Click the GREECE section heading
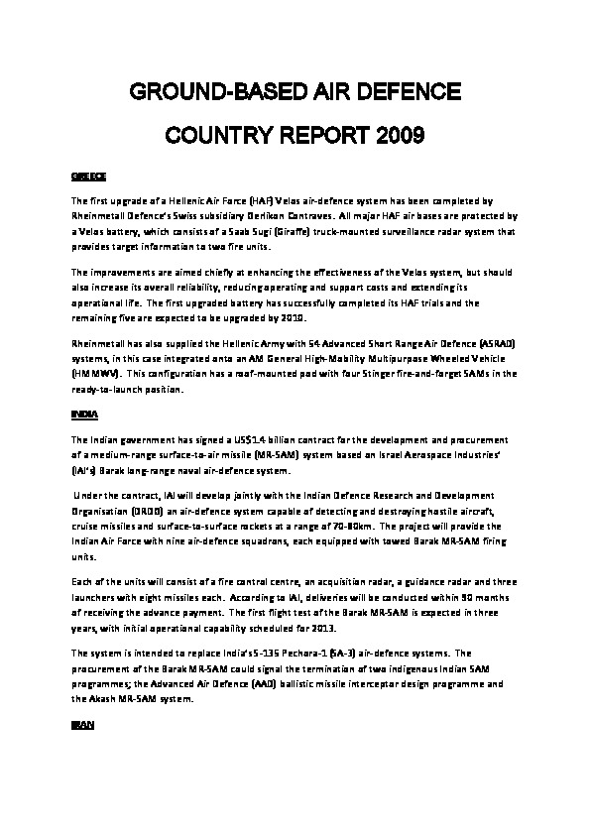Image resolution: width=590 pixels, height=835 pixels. tap(88, 176)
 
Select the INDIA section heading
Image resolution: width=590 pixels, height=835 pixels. tap(84, 412)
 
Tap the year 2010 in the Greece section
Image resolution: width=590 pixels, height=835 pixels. tap(294, 317)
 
